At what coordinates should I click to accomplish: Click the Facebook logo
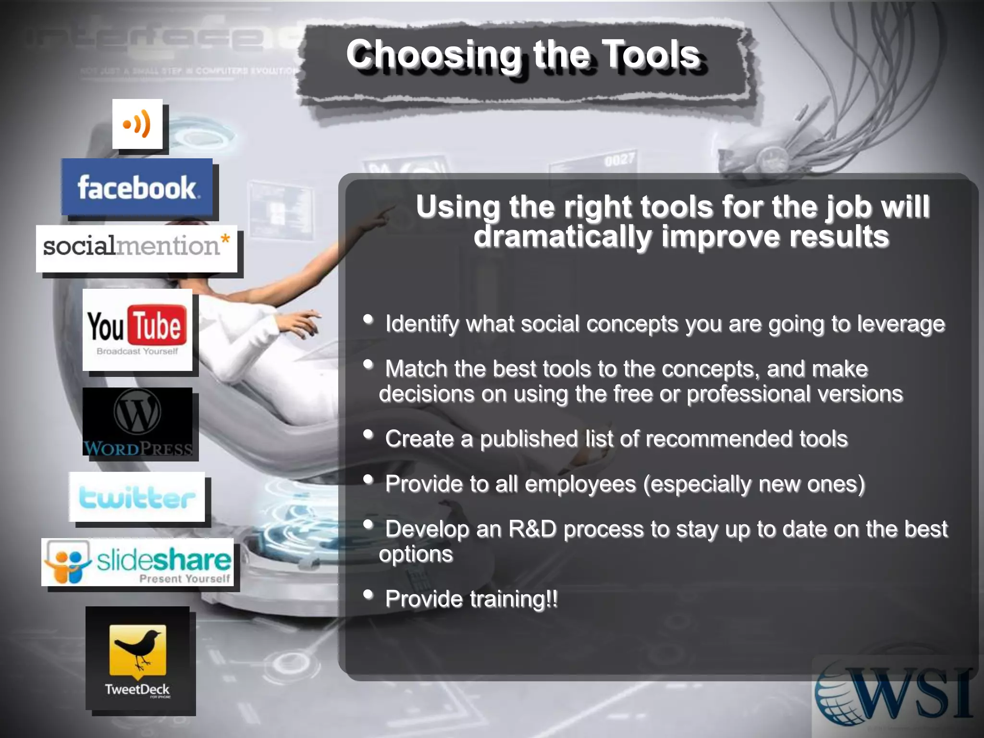[137, 187]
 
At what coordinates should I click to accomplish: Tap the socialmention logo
[136, 248]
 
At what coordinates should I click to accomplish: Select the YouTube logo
[137, 329]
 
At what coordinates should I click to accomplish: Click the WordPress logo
[137, 421]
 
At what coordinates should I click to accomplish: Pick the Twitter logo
[137, 497]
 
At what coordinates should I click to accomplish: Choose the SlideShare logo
[137, 562]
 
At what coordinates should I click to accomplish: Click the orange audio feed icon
[137, 124]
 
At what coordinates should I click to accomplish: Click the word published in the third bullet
[529, 439]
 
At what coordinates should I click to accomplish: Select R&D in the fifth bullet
[532, 529]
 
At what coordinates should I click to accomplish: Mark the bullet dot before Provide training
[369, 595]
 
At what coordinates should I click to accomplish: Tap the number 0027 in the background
[619, 159]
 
